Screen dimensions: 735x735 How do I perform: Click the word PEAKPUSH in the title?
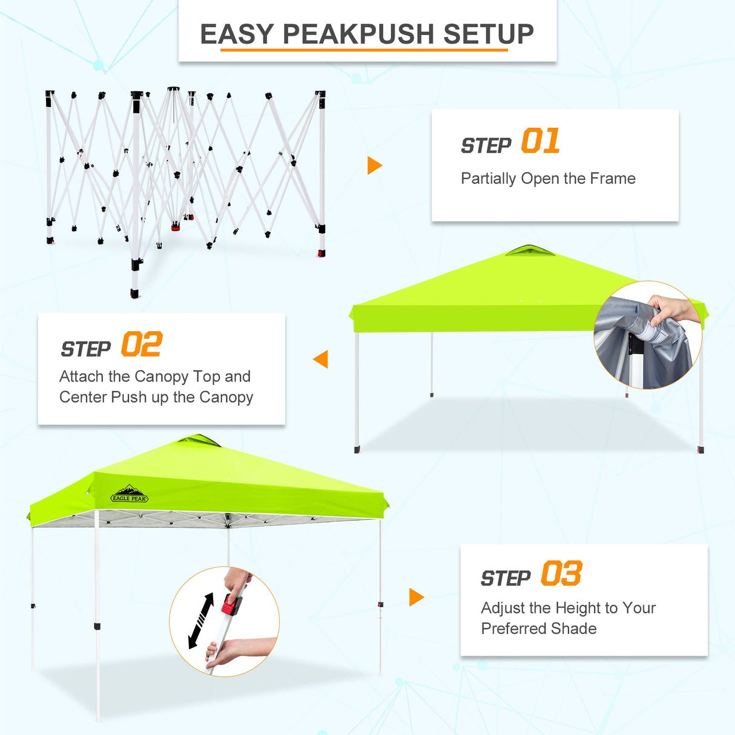358,34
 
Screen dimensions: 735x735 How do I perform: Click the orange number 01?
540,141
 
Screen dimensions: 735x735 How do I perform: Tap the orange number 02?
141,344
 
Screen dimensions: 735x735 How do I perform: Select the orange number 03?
561,573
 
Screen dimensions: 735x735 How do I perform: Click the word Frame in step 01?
612,179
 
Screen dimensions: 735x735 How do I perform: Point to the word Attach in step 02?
82,377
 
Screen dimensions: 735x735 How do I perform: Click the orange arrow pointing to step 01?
375,165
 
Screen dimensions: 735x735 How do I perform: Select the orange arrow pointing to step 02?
321,359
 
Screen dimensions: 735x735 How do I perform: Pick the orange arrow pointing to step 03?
417,597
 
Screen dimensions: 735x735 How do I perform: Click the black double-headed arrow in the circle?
201,621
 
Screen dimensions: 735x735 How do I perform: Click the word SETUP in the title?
488,34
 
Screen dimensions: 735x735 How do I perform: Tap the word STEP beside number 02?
86,349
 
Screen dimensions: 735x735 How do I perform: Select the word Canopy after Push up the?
226,397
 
